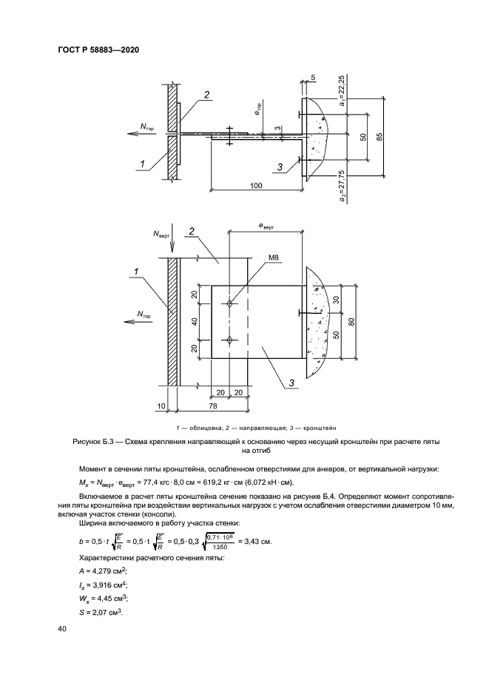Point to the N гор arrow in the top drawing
(x=137, y=132)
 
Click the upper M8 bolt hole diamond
(x=230, y=303)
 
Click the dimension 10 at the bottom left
(x=162, y=406)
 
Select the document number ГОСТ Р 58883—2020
(x=98, y=50)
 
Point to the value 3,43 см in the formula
(x=258, y=542)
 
